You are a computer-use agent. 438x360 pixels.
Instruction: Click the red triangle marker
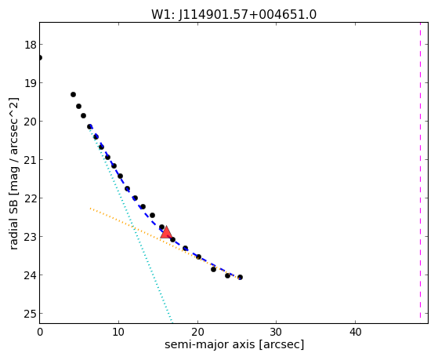pos(166,232)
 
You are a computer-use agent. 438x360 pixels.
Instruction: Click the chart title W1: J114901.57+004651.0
pos(233,15)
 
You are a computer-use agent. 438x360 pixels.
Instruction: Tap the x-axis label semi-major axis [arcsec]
pos(234,344)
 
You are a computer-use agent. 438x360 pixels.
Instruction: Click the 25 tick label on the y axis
pos(30,314)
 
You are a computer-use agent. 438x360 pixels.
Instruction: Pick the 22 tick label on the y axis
pos(30,198)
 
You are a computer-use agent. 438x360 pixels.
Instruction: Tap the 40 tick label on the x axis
pos(355,332)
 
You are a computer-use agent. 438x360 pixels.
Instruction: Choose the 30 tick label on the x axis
pos(277,332)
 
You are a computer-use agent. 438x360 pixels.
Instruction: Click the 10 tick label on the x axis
pos(118,332)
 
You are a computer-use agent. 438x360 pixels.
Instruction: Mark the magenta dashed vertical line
pos(420,173)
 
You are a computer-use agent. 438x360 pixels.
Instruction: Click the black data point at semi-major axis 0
pos(40,57)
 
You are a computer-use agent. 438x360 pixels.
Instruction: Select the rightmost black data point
pos(240,277)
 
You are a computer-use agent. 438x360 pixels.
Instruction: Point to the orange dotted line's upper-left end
pos(90,208)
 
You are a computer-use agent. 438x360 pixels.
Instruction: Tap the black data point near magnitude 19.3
pos(73,95)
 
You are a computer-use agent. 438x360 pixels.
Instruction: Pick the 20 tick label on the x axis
pos(197,332)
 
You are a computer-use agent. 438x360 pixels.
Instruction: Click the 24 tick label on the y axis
pos(30,275)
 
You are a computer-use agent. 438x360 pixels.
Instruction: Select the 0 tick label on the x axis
pos(40,332)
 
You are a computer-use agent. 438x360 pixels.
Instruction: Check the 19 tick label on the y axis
pos(30,83)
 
